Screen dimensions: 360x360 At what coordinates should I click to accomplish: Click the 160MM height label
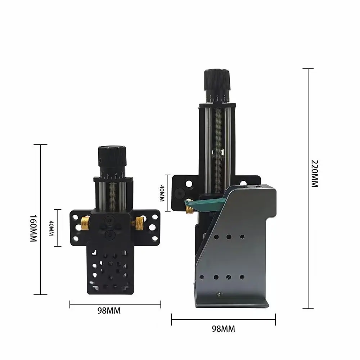[33, 229]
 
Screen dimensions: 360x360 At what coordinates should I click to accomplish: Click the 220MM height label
[315, 174]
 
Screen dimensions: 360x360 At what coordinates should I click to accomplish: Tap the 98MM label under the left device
[109, 311]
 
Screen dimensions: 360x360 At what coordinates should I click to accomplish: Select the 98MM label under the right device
[224, 329]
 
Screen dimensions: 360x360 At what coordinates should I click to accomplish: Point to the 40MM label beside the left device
[51, 228]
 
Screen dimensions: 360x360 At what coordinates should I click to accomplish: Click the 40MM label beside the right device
[162, 193]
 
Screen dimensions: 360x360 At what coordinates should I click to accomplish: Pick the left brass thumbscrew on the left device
[85, 223]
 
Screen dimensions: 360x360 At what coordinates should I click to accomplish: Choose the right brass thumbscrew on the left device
[139, 223]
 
